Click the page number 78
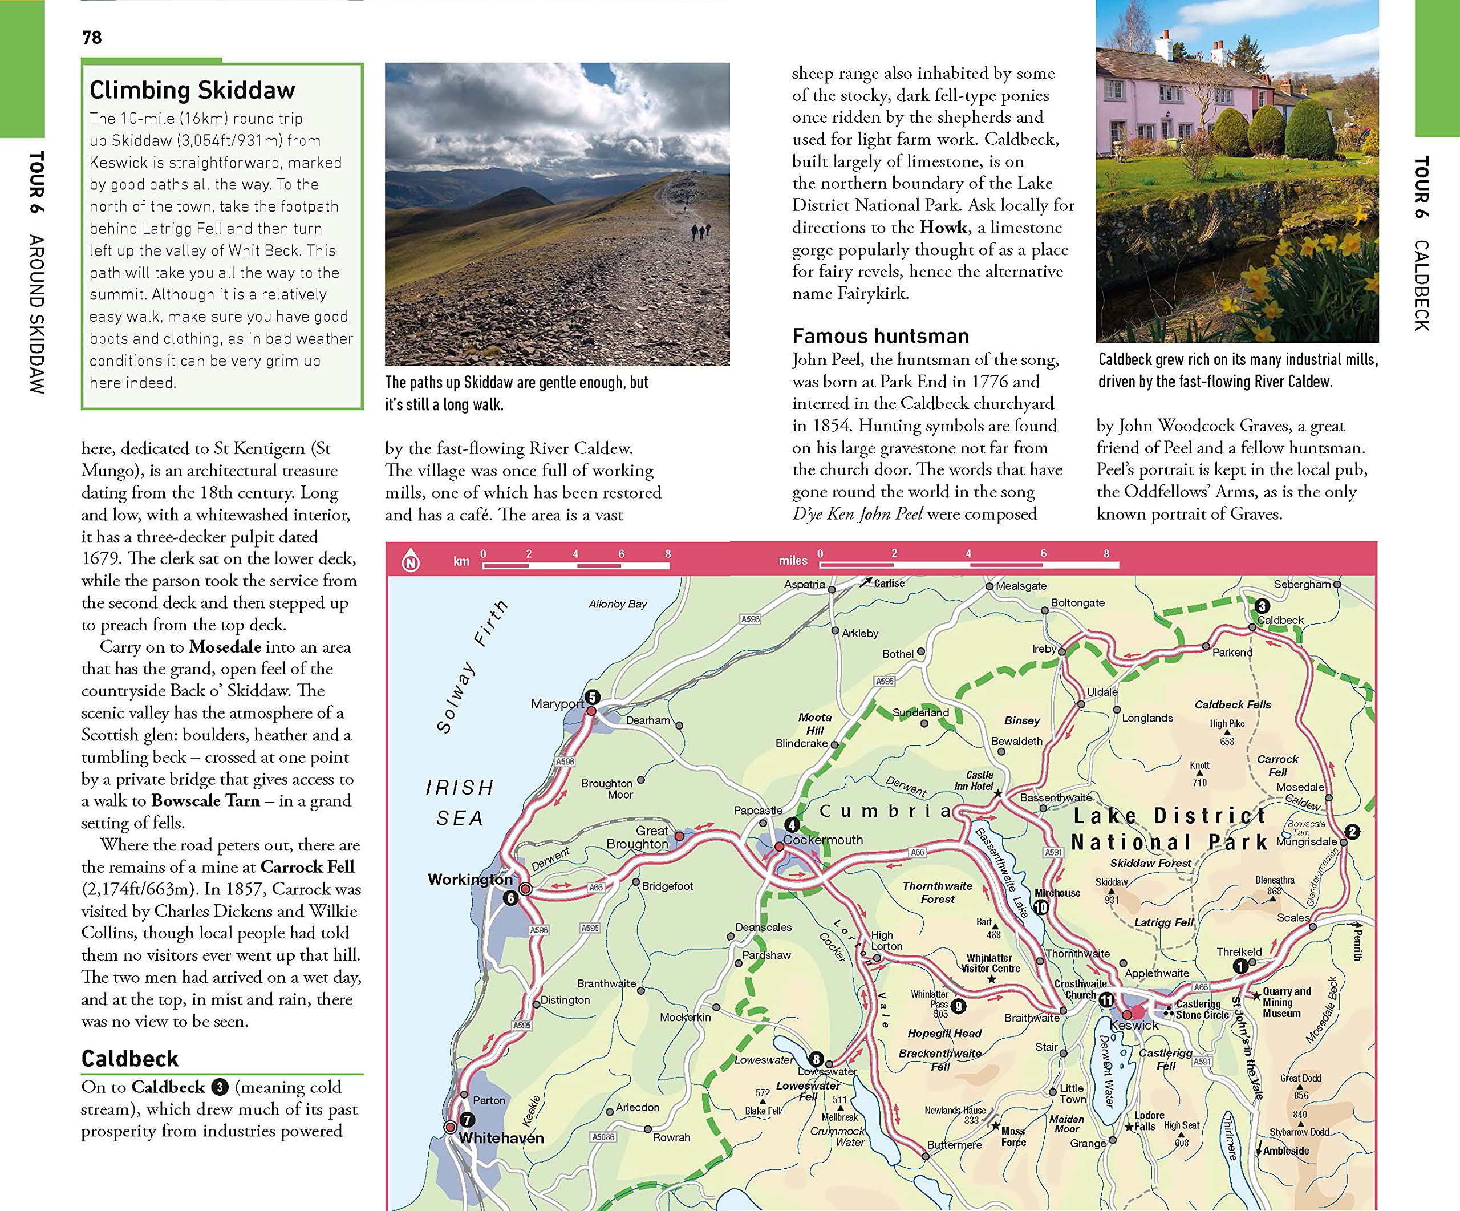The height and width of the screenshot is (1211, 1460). tap(92, 38)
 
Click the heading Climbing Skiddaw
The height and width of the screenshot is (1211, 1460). tap(193, 90)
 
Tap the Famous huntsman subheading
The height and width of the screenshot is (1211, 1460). tap(880, 337)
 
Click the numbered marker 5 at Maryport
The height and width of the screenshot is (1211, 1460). tap(591, 696)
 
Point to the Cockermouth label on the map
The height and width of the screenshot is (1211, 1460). tap(823, 840)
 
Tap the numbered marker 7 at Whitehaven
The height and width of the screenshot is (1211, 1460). tap(467, 1120)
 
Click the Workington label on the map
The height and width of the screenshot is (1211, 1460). tap(470, 880)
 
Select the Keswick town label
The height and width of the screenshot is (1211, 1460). tap(1134, 1026)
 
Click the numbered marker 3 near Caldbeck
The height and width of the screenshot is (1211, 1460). tap(1263, 606)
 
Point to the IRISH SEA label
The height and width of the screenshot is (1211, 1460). tap(460, 802)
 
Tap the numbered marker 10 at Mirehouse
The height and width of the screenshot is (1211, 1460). tap(1041, 907)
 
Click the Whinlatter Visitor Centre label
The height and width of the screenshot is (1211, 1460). tap(990, 963)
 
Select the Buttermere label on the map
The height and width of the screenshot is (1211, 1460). tap(955, 1145)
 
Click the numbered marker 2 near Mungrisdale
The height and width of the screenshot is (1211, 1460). tap(1352, 832)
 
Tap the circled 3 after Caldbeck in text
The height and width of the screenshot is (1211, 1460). tap(220, 1087)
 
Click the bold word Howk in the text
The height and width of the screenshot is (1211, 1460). tap(943, 228)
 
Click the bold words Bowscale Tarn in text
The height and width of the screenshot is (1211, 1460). tap(206, 801)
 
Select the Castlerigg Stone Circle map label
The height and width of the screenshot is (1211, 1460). tap(1198, 1010)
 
